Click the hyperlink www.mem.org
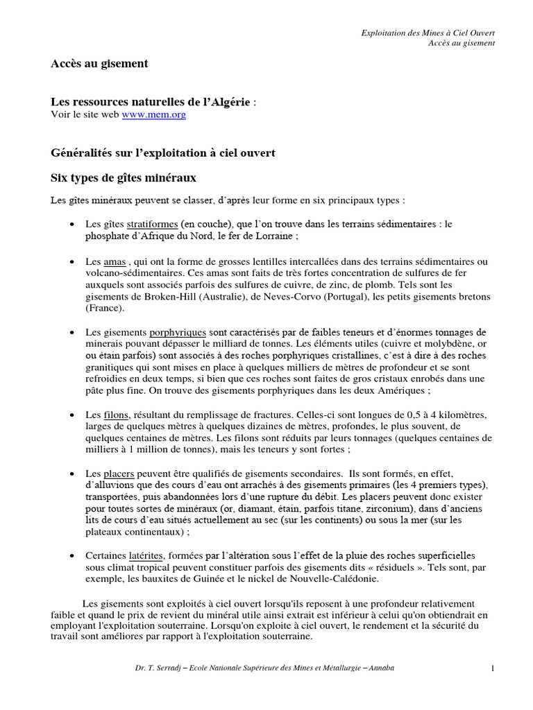[x=154, y=115]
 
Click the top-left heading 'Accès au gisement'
[x=99, y=64]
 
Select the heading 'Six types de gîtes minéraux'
[x=124, y=177]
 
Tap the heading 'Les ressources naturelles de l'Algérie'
[x=151, y=102]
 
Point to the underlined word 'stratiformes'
[x=151, y=225]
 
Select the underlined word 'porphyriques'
[x=178, y=332]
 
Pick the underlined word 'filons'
[x=115, y=414]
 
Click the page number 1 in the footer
[x=492, y=668]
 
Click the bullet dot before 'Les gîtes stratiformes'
[x=74, y=225]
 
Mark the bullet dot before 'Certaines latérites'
[x=74, y=556]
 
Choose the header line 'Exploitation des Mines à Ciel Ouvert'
[x=429, y=33]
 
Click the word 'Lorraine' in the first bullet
[x=275, y=236]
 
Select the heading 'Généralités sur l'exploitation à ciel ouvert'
[x=164, y=152]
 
